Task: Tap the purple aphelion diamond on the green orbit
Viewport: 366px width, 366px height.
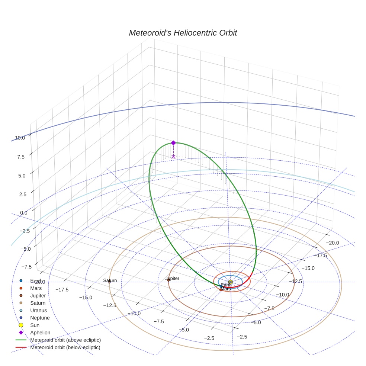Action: tap(173, 143)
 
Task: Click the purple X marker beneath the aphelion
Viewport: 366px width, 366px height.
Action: tap(173, 157)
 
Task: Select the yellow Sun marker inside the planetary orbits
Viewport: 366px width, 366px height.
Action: tap(231, 282)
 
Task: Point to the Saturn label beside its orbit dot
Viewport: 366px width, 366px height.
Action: tap(110, 280)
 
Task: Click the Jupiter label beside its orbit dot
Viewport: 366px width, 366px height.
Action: tap(173, 278)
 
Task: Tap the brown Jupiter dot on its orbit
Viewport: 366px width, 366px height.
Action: tap(168, 280)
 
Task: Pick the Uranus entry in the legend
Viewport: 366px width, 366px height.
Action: tap(38, 310)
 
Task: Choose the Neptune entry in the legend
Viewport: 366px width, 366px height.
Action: tap(40, 318)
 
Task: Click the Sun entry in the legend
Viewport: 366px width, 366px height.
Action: tap(35, 325)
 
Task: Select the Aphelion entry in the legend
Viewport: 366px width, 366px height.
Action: tap(40, 333)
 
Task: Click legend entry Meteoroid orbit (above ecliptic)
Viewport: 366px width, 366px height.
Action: tap(65, 340)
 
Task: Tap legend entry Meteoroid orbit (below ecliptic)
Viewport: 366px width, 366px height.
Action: tap(65, 347)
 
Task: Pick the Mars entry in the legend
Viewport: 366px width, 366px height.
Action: tap(36, 288)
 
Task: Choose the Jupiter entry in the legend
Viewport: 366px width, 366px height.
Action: tap(38, 295)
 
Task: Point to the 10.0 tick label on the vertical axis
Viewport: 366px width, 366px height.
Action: tap(20, 138)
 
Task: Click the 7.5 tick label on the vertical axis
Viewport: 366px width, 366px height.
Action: tap(21, 157)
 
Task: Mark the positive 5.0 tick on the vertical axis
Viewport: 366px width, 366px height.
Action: tap(21, 176)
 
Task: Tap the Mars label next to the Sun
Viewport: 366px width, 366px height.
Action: tap(226, 289)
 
